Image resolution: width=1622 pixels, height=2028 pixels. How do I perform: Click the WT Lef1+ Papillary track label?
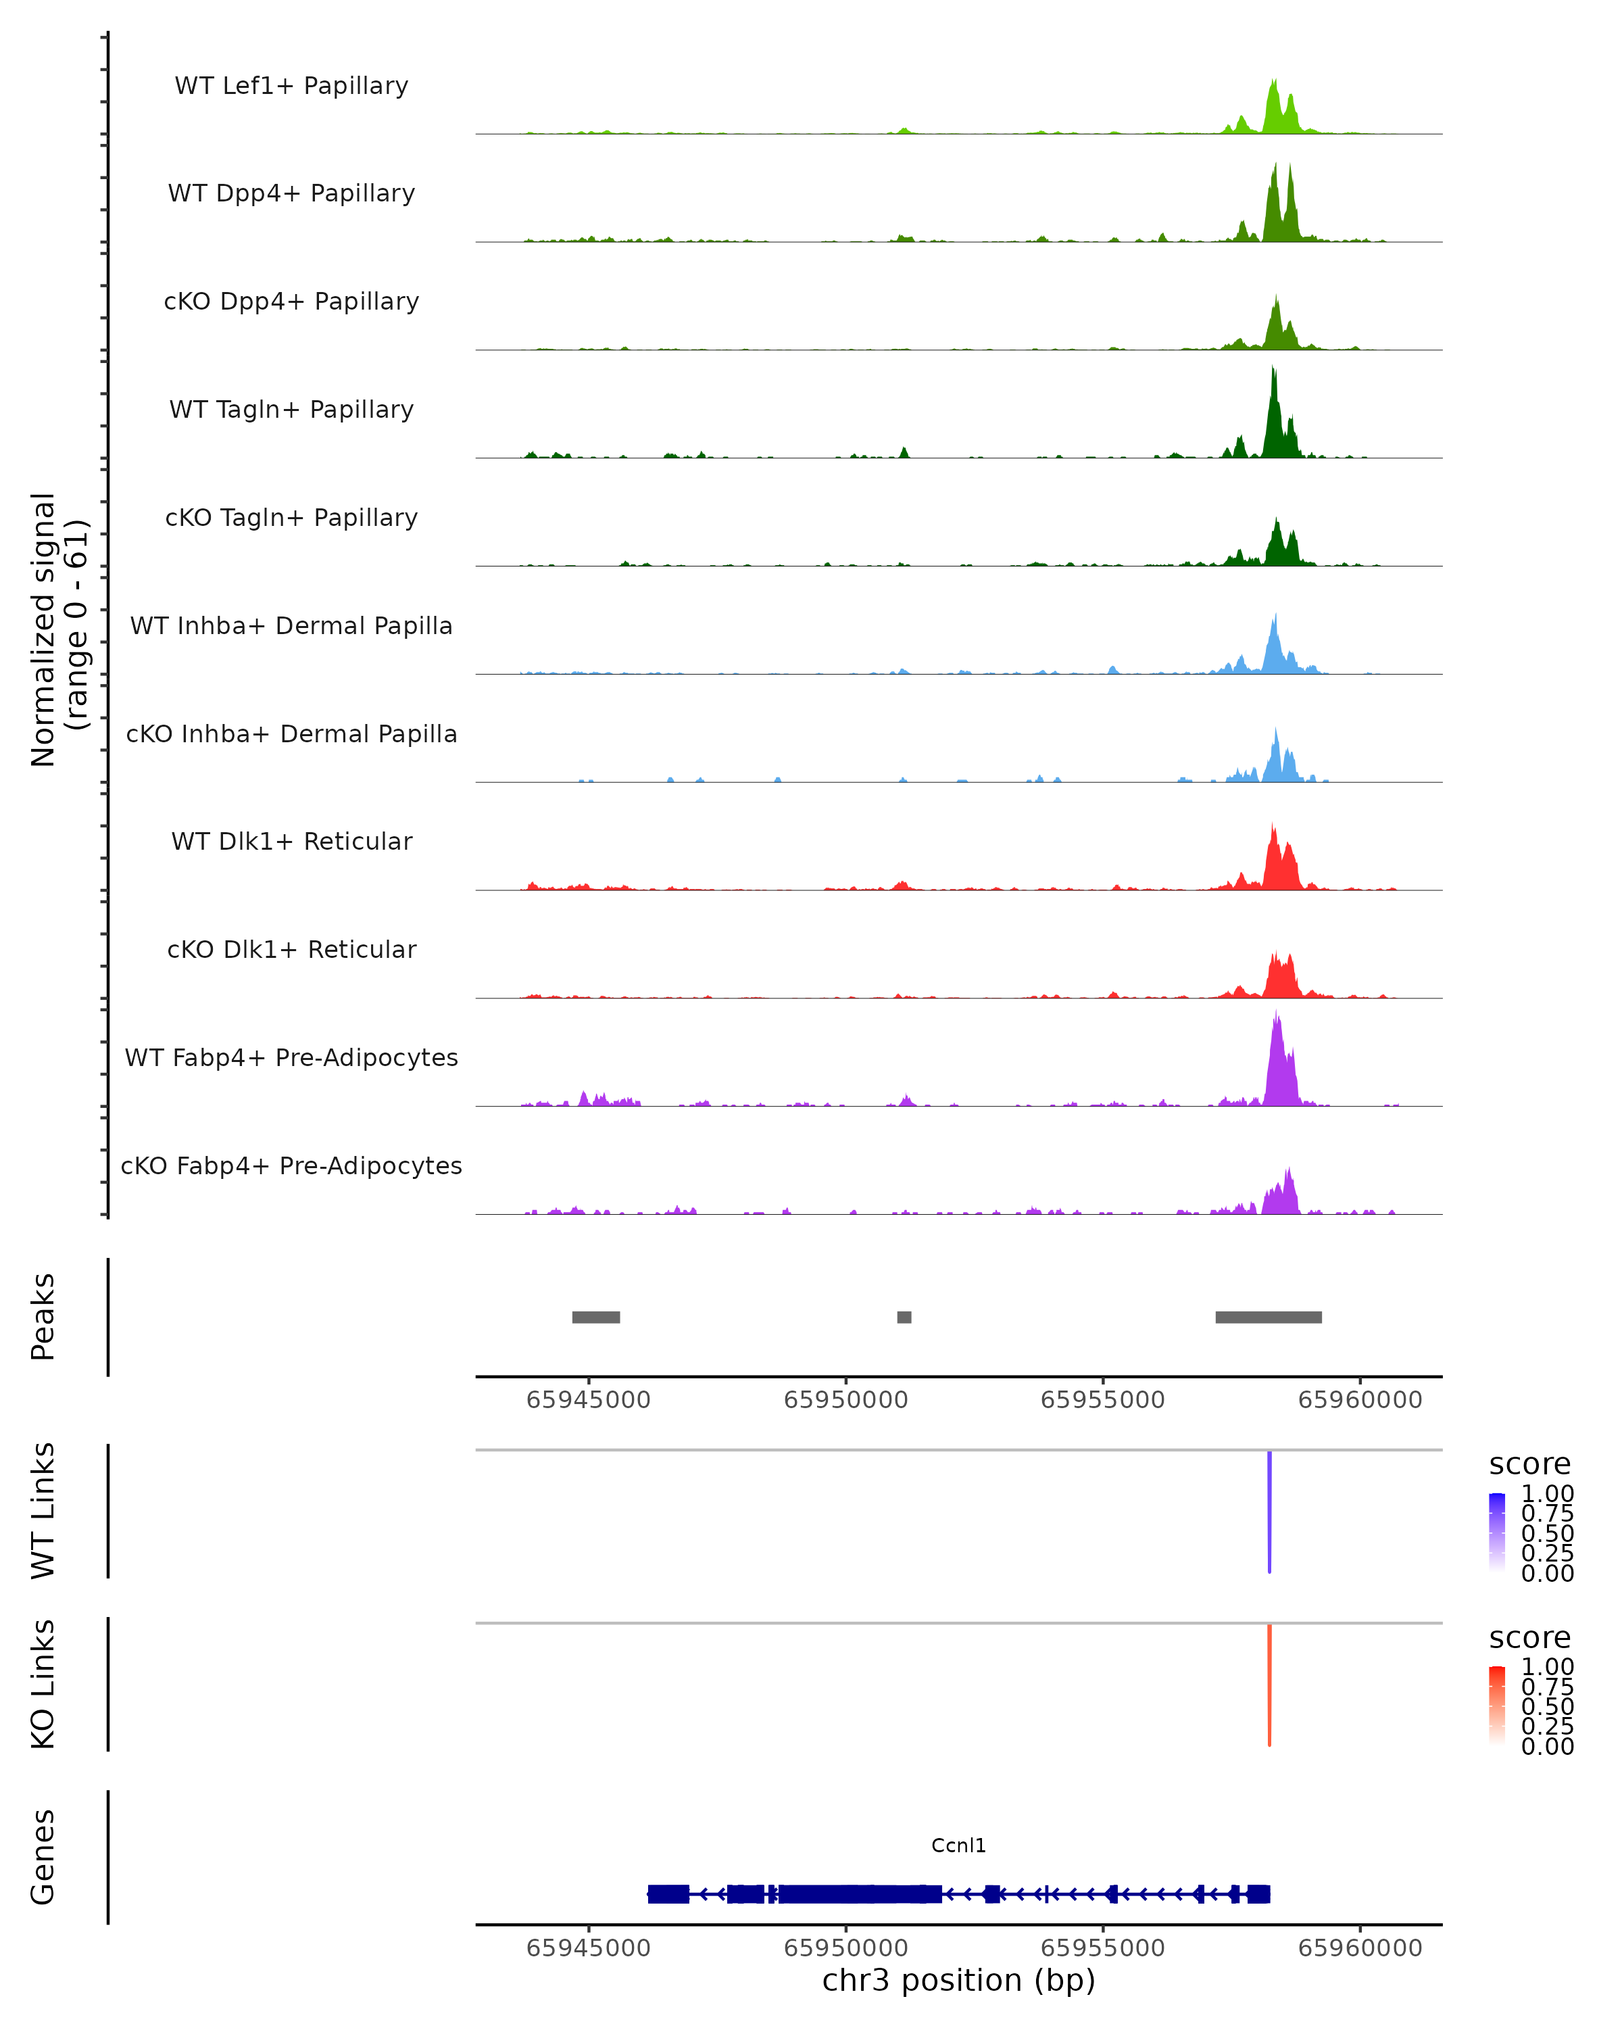291,87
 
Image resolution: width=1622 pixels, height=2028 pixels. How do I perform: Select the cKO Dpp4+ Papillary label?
291,302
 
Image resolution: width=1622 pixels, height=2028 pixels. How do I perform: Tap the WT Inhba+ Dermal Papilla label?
291,627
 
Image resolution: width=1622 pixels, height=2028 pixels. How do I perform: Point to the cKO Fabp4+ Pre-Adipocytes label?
291,1166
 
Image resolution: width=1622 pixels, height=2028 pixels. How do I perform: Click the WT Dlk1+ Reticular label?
291,842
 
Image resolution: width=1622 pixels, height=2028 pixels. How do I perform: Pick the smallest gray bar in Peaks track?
904,1317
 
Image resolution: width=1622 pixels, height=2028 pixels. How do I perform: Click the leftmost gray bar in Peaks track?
595,1317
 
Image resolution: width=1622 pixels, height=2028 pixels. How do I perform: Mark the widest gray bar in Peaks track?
1269,1317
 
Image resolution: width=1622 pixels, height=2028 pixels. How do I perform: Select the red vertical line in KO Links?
1269,1685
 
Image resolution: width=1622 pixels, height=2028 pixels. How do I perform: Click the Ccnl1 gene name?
958,1845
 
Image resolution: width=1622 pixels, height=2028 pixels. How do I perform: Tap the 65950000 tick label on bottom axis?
845,1948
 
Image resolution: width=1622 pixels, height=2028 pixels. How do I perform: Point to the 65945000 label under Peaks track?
588,1400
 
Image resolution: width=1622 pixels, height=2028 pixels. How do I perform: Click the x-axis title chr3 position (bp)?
958,1981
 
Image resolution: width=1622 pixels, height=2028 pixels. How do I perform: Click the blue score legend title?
1529,1465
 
